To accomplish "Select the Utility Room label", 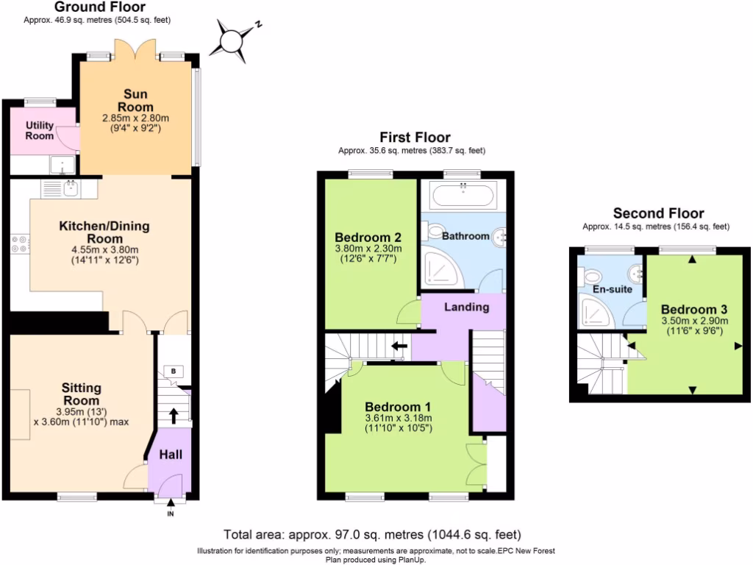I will point(40,130).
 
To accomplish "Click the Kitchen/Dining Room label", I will point(104,232).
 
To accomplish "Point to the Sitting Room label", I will point(81,394).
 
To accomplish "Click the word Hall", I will point(171,455).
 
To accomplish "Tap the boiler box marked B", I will point(173,371).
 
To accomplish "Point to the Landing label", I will point(467,307).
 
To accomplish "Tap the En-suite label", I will point(613,289).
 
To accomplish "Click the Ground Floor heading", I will point(100,7).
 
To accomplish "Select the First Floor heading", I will point(415,138).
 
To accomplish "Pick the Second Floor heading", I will point(658,213).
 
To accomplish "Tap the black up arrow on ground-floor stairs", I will point(174,416).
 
